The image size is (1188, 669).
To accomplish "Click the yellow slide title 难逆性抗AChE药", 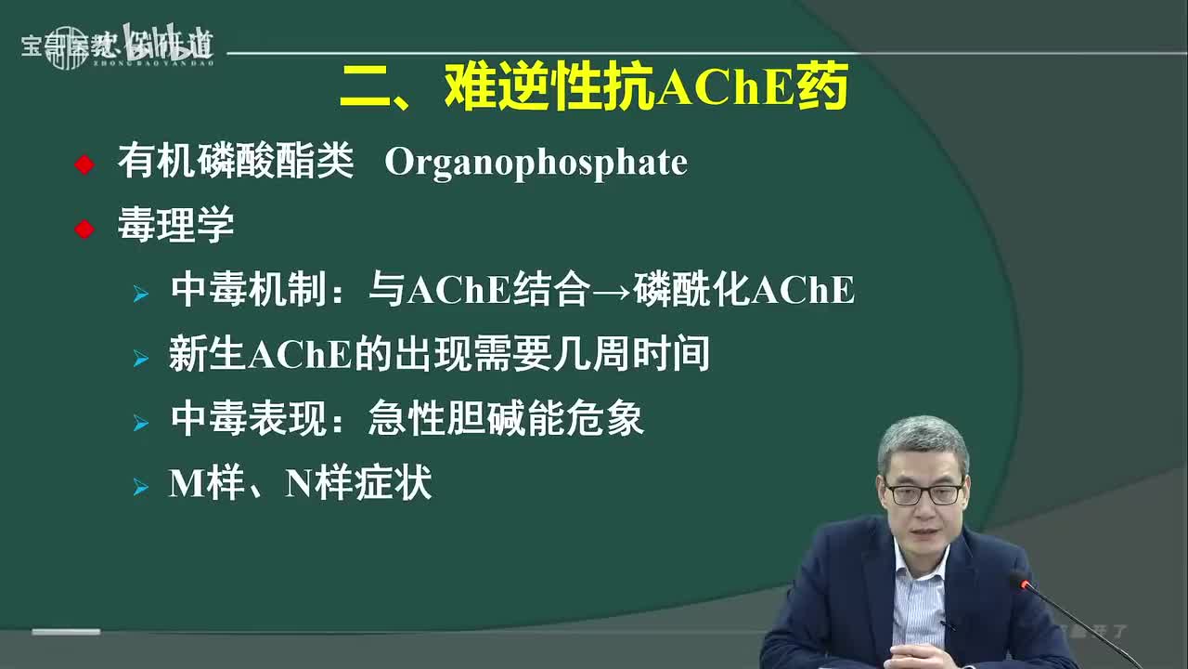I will tap(594, 89).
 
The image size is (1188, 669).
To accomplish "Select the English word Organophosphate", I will tap(536, 164).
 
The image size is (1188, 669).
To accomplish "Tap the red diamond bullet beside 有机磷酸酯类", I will tap(84, 165).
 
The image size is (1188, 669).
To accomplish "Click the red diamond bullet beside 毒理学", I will tap(84, 229).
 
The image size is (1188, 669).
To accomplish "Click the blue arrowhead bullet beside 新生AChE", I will tap(140, 358).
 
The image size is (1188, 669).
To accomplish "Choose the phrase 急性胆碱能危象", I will tap(506, 419).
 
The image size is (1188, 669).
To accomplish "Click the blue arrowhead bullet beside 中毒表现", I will tap(140, 423).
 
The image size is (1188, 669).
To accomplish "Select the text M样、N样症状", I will tap(300, 483).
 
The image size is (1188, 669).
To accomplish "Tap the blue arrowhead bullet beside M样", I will tap(140, 487).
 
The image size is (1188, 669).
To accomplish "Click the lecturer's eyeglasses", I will tap(923, 492).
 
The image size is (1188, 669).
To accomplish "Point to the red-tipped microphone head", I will tap(1023, 583).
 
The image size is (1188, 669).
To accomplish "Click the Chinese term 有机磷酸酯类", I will tap(236, 164).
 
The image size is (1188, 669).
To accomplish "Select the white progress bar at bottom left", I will tap(66, 632).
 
